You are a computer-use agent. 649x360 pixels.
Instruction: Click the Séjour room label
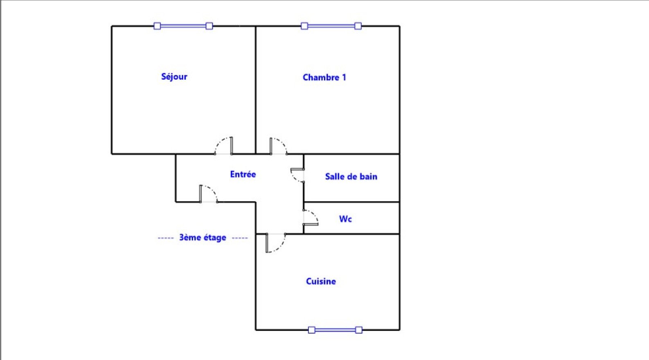tap(174, 77)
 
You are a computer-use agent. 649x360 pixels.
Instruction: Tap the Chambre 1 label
tap(324, 77)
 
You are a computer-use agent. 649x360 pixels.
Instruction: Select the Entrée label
tap(243, 174)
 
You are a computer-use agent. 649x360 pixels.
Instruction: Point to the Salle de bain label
tap(351, 176)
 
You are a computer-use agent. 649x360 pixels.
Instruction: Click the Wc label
tap(345, 219)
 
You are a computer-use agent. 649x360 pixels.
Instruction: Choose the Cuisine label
tap(321, 281)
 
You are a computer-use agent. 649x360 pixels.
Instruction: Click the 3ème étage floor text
tap(203, 238)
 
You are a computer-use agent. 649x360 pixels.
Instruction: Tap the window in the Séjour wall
tap(183, 26)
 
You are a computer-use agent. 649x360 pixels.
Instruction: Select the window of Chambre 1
tap(331, 26)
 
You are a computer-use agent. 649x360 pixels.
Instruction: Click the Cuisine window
tap(335, 330)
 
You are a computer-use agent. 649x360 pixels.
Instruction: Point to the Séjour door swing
tap(224, 146)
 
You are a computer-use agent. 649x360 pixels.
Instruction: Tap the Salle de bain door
tap(297, 175)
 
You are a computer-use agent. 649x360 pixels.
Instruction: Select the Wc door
tap(311, 217)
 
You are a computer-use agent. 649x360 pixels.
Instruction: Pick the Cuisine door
tap(276, 243)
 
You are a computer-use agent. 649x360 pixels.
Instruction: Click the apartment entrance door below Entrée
tap(209, 193)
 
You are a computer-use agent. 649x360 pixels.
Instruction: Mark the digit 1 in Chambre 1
tap(344, 77)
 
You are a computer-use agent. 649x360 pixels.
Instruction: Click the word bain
tap(368, 176)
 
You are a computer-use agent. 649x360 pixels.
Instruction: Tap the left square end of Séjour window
tap(157, 26)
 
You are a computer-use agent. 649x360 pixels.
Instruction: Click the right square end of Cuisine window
tap(359, 330)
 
